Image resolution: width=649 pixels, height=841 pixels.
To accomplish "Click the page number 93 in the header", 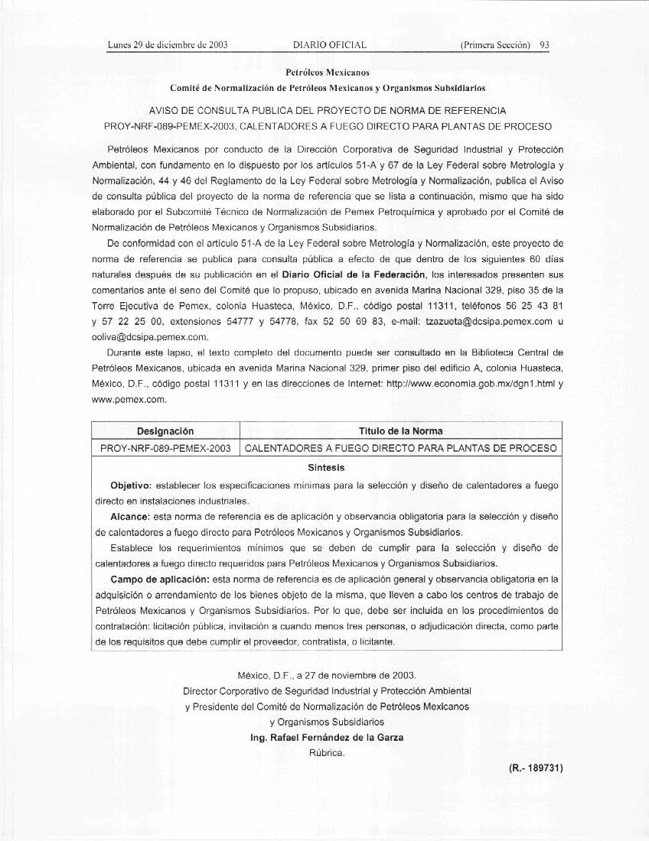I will [x=545, y=44].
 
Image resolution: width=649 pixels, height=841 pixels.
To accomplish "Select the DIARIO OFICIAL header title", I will [x=330, y=44].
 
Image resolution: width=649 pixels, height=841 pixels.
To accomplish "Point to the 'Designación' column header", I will [x=165, y=432].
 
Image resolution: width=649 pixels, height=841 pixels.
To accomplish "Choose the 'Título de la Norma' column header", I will [x=400, y=432].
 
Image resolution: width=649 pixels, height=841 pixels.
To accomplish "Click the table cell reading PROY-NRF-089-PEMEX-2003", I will [x=165, y=449].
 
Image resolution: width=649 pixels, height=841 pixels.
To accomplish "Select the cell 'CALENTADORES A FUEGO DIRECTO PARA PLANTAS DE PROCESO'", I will [x=400, y=449].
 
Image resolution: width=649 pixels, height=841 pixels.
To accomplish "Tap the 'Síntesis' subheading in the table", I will [x=326, y=467].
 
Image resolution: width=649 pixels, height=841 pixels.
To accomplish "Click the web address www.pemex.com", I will [x=129, y=399].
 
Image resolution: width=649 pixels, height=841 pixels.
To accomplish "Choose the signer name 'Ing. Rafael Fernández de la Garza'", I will [x=327, y=737].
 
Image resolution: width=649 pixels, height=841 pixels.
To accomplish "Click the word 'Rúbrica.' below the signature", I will [x=327, y=752].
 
